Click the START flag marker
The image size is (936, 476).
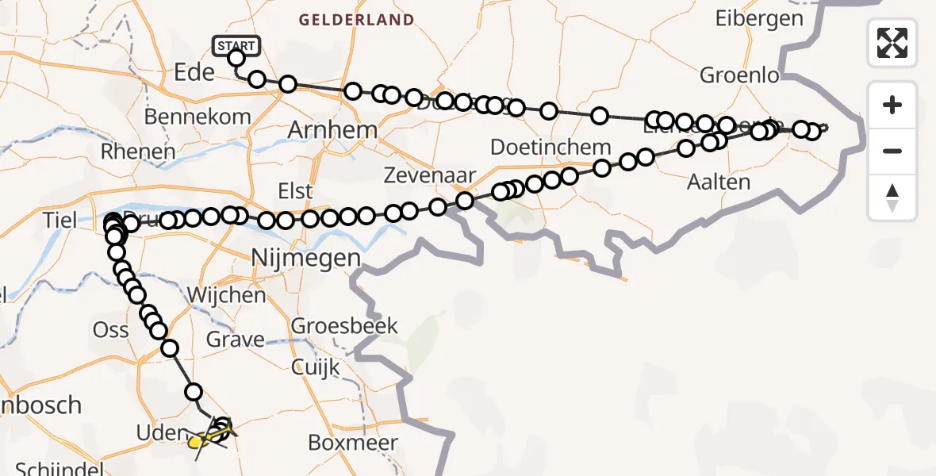pyautogui.click(x=236, y=45)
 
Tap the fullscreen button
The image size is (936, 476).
pyautogui.click(x=892, y=42)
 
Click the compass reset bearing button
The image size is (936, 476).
pyautogui.click(x=892, y=198)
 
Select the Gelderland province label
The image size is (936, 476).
pyautogui.click(x=356, y=20)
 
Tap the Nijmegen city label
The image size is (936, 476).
pyautogui.click(x=305, y=258)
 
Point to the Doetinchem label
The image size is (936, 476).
pyautogui.click(x=550, y=147)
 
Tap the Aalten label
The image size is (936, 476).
pyautogui.click(x=719, y=182)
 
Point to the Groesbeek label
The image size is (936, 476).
pyautogui.click(x=344, y=325)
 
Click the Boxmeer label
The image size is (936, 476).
pyautogui.click(x=352, y=443)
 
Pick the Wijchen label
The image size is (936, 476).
pyautogui.click(x=226, y=296)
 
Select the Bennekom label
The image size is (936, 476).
pyautogui.click(x=198, y=117)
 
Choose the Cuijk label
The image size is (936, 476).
pyautogui.click(x=315, y=367)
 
